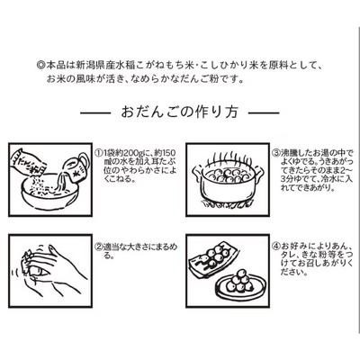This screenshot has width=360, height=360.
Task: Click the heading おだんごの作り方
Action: coord(180,112)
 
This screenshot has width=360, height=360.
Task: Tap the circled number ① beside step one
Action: coord(98,153)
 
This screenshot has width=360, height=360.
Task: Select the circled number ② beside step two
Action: coord(98,247)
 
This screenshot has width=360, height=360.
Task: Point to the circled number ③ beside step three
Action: coord(276,153)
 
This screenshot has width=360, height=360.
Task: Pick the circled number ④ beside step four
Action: coord(276,247)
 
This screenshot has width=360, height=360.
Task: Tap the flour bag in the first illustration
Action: coord(29,163)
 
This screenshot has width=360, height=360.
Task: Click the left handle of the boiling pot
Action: coord(197,172)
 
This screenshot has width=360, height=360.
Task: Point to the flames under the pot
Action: coord(228,204)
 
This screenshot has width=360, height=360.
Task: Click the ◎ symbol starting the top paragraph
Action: coord(40,65)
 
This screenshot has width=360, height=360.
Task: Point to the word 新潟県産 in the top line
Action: coord(93,65)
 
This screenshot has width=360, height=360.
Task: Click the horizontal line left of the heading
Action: coord(95,113)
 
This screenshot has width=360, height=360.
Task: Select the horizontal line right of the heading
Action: coord(264,113)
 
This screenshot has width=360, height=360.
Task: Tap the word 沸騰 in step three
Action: coord(288,153)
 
